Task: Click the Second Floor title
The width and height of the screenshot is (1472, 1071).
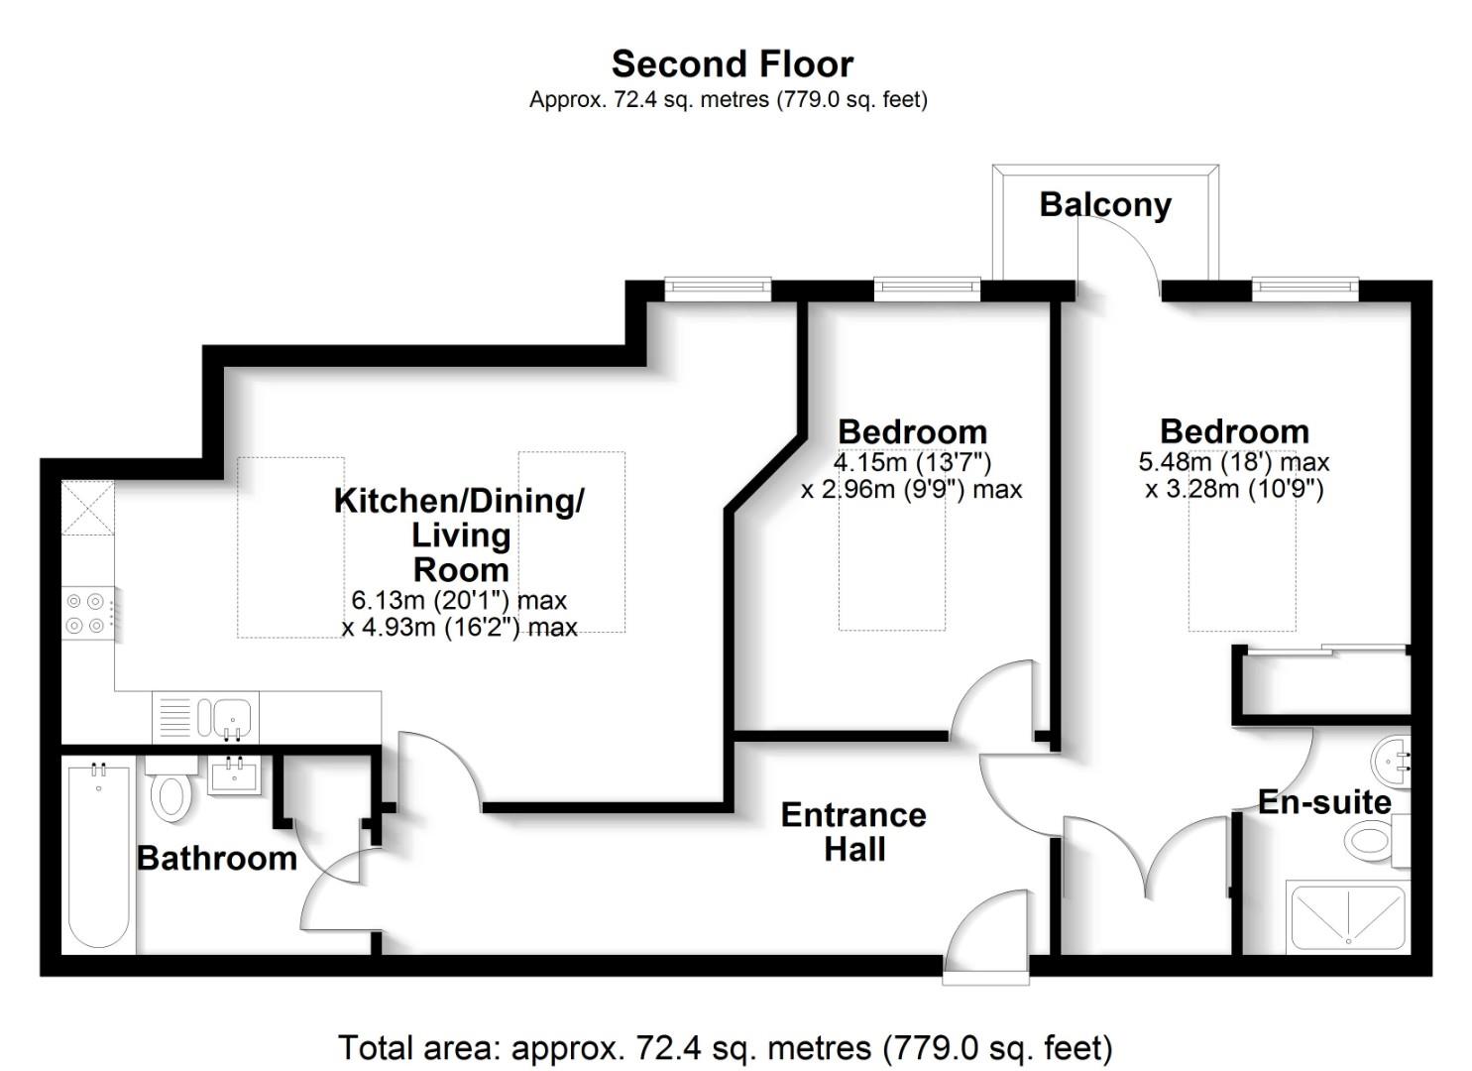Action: tap(732, 64)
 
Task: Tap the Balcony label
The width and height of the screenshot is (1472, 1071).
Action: tap(1105, 204)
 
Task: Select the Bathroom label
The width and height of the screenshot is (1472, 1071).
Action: tap(216, 858)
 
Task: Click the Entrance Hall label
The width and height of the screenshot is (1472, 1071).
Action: tap(853, 832)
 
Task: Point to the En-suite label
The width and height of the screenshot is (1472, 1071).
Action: tap(1324, 801)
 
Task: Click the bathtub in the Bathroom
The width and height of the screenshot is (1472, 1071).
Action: tap(98, 855)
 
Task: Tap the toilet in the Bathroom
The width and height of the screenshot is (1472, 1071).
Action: tap(170, 790)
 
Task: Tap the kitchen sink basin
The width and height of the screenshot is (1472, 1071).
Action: tap(233, 715)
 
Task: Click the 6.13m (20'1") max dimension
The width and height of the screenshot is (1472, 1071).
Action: tap(459, 600)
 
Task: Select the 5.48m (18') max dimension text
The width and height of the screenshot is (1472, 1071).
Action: tap(1234, 462)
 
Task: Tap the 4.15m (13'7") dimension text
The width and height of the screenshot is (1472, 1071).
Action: tap(912, 462)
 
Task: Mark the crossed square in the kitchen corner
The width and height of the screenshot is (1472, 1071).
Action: tap(87, 508)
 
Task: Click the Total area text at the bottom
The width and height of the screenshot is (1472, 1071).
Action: tap(726, 1047)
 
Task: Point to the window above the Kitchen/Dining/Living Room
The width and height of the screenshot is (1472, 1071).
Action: tap(718, 289)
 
